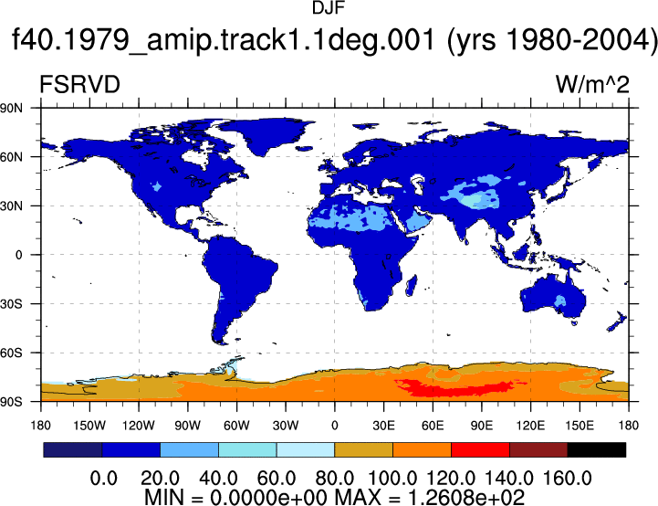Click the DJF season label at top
(329, 8)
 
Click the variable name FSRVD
(79, 84)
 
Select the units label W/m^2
(592, 84)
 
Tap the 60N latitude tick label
(11, 157)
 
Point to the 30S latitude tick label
(11, 304)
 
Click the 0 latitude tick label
(18, 255)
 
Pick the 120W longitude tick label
(139, 426)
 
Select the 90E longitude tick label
(482, 426)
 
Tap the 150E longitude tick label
(580, 426)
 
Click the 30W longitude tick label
(286, 426)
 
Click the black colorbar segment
(596, 449)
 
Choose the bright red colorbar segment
(480, 449)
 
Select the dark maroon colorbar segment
(538, 449)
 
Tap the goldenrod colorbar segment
(363, 449)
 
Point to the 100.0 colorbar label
(392, 479)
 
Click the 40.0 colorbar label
(218, 479)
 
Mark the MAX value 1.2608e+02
(466, 498)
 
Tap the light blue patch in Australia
(560, 300)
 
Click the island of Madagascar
(412, 286)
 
